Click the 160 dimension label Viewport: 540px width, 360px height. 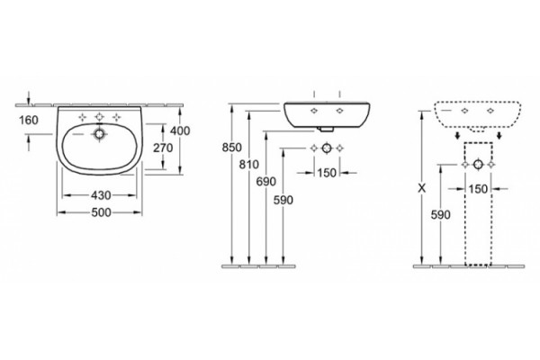tap(29, 121)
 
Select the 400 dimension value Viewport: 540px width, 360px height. tap(180, 130)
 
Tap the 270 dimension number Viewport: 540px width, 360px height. tap(163, 148)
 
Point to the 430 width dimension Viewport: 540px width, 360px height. tap(101, 195)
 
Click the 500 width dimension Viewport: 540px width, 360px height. tap(101, 213)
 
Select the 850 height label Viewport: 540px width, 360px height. tap(232, 148)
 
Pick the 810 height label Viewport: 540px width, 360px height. tap(249, 165)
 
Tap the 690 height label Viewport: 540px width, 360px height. tap(265, 182)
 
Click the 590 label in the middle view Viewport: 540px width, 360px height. tap(283, 200)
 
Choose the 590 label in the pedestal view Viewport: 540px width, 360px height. tap(440, 215)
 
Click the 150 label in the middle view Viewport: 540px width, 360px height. tap(327, 173)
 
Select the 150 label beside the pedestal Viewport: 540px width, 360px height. tap(478, 189)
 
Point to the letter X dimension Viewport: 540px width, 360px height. tap(421, 188)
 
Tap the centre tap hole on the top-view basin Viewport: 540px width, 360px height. tap(100, 117)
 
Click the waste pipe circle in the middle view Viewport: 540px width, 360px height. tap(327, 148)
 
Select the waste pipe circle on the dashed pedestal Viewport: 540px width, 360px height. tap(478, 165)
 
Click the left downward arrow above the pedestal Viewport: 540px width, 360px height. tap(457, 135)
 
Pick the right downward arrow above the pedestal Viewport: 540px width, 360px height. tap(499, 135)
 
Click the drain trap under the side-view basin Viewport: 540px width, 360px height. tap(327, 130)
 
